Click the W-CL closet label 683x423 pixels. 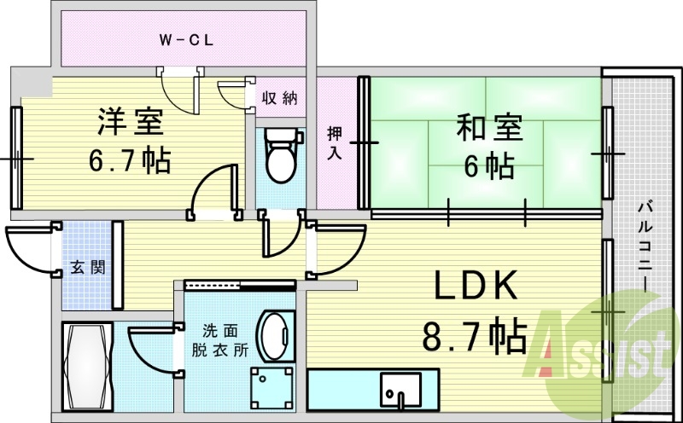[186, 40]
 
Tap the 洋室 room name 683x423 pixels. [131, 121]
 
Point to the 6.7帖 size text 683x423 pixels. [130, 160]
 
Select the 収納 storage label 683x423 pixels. [280, 98]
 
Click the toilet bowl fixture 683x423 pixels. [282, 155]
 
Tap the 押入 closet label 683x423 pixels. [335, 143]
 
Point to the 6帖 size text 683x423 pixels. [488, 166]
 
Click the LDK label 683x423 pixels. [476, 285]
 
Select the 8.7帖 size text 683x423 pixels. [475, 336]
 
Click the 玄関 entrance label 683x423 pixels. [88, 267]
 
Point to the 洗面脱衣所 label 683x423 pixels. [220, 341]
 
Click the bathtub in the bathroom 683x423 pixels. [88, 366]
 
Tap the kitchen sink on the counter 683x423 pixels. [400, 390]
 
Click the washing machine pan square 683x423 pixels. [272, 388]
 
